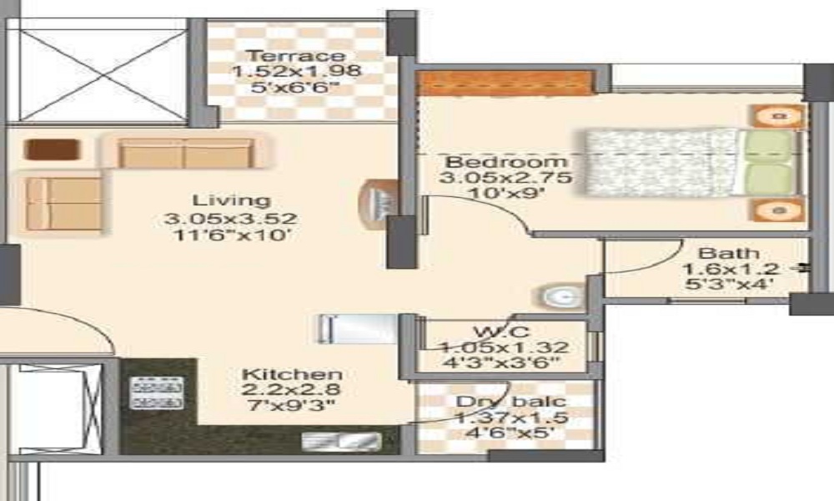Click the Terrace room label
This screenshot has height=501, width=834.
point(296,55)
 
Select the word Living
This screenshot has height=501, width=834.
point(231,200)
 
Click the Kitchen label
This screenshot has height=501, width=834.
point(291,374)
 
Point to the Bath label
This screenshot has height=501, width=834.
point(728,253)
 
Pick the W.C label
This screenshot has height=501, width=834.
point(501,331)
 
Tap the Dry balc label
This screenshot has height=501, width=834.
point(510,402)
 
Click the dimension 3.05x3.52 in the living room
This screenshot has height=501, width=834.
point(230,218)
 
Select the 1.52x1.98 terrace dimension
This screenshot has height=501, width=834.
point(296,70)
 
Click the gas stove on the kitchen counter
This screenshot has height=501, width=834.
point(157,393)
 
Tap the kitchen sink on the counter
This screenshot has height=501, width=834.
point(341,442)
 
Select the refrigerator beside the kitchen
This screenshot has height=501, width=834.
point(358,329)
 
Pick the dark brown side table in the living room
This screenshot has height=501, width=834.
point(52,149)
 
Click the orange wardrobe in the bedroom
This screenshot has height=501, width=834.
point(505,83)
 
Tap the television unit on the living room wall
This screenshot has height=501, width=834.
point(379,205)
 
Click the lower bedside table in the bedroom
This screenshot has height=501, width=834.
point(777,210)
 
